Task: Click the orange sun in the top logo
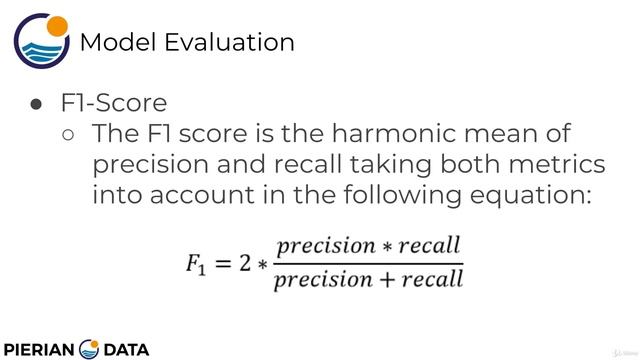58,26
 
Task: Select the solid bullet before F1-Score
36,104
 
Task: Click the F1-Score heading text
112,103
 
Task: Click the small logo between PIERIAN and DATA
89,348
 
